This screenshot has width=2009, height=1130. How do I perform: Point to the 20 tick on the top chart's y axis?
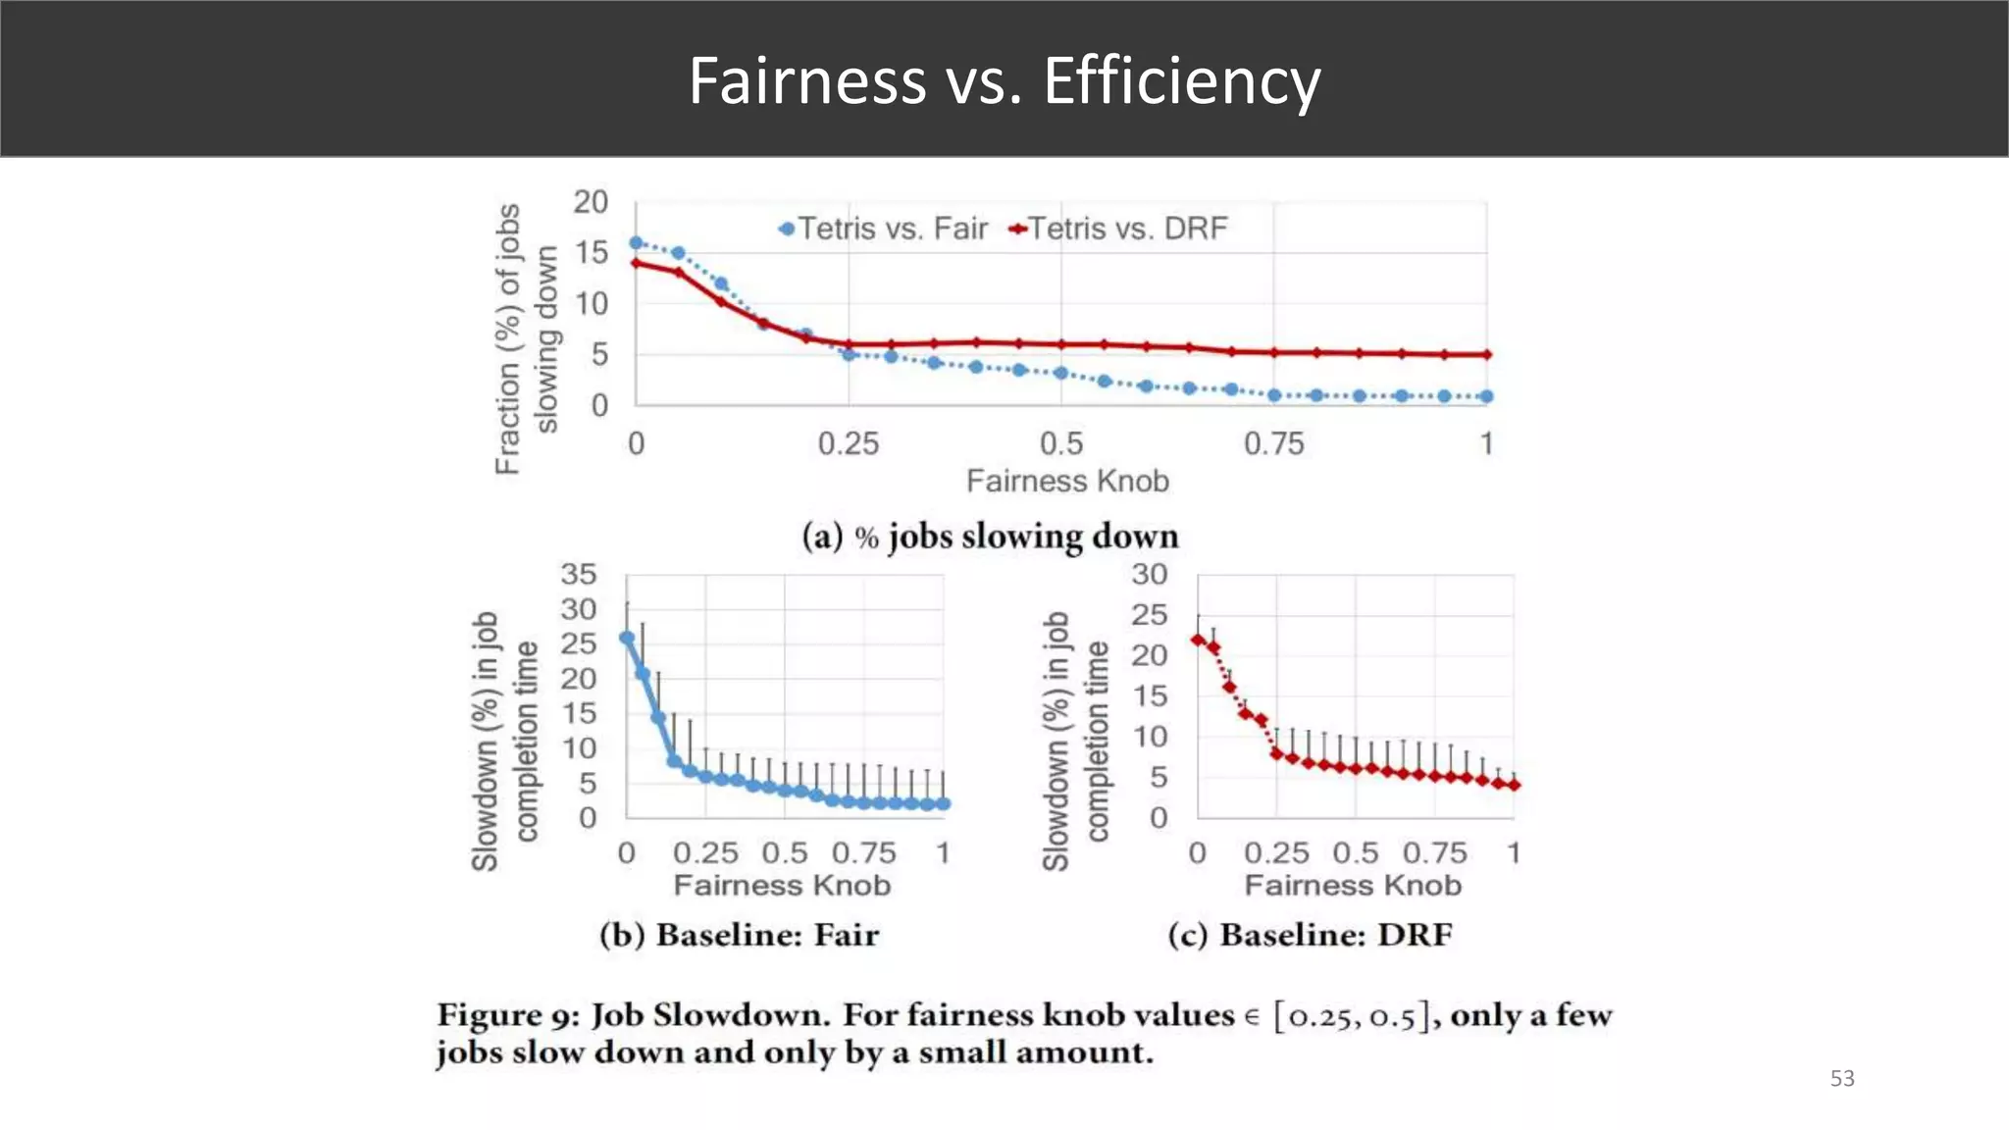click(x=591, y=202)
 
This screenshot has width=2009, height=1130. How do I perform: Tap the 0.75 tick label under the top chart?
click(x=1273, y=444)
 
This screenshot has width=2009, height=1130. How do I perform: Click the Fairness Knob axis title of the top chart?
click(x=1067, y=482)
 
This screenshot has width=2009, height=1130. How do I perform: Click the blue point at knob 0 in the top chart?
click(x=636, y=243)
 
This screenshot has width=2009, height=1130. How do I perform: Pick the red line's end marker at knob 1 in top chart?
click(x=1487, y=355)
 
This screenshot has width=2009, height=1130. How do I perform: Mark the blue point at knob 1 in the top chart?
click(x=1487, y=396)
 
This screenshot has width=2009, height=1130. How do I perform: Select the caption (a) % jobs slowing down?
click(x=990, y=537)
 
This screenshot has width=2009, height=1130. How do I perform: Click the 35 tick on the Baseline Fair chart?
click(x=578, y=574)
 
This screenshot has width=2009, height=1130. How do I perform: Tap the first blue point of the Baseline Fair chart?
click(x=627, y=639)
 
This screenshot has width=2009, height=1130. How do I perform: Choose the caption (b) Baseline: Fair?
click(x=739, y=935)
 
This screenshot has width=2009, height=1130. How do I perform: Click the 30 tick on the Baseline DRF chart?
click(x=1149, y=574)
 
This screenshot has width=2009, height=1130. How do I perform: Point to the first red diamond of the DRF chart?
click(x=1198, y=640)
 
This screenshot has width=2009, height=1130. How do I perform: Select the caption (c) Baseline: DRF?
click(x=1310, y=935)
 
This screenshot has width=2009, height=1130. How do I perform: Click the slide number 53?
click(x=1842, y=1079)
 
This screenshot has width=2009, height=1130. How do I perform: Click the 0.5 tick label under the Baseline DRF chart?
click(x=1355, y=853)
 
